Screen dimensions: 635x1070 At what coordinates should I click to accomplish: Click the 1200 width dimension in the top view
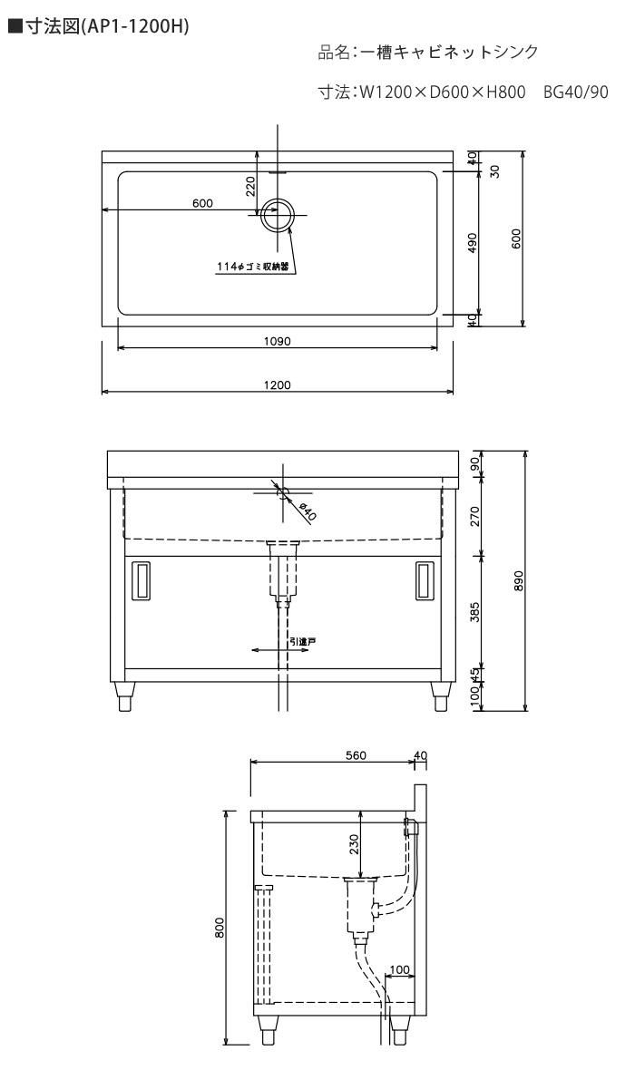(x=278, y=384)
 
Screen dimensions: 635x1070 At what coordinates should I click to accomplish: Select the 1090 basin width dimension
(x=278, y=341)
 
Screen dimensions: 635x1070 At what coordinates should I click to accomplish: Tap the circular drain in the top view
(x=278, y=215)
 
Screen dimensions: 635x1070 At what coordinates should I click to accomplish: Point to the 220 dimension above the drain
(x=250, y=186)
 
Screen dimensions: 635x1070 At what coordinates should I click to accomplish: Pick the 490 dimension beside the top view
(x=474, y=243)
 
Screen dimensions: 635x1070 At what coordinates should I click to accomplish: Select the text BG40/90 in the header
(x=576, y=92)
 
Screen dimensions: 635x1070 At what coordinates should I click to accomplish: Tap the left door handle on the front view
(x=140, y=580)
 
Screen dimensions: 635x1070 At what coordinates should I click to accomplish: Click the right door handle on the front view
(x=424, y=580)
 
